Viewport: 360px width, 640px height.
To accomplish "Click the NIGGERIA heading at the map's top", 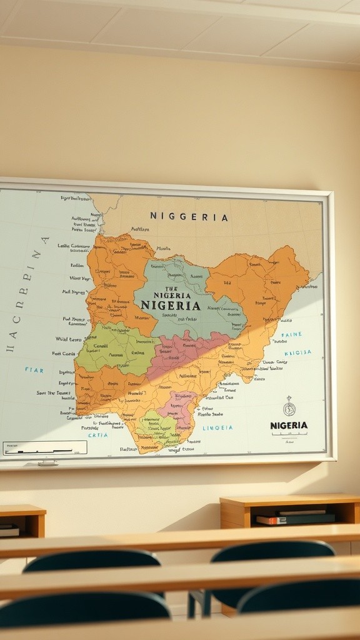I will (x=189, y=217).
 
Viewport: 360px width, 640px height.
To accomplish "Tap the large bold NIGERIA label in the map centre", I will (x=171, y=306).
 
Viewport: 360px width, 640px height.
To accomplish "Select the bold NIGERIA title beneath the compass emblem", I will (x=289, y=426).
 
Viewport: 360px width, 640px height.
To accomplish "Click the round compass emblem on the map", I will (x=289, y=409).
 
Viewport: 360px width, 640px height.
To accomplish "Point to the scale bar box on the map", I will (x=45, y=448).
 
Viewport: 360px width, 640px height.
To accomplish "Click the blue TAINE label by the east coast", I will (x=291, y=335).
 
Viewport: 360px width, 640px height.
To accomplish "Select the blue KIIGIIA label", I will (x=297, y=352).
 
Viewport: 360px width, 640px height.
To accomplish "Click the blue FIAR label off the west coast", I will (x=34, y=370).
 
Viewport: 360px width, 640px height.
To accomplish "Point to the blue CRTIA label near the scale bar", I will (x=97, y=435).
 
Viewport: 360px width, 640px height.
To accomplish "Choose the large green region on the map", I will (x=116, y=349).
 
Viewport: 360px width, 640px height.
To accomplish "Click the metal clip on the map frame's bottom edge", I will (x=47, y=463).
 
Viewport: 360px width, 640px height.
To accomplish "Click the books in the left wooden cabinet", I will (x=9, y=531).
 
